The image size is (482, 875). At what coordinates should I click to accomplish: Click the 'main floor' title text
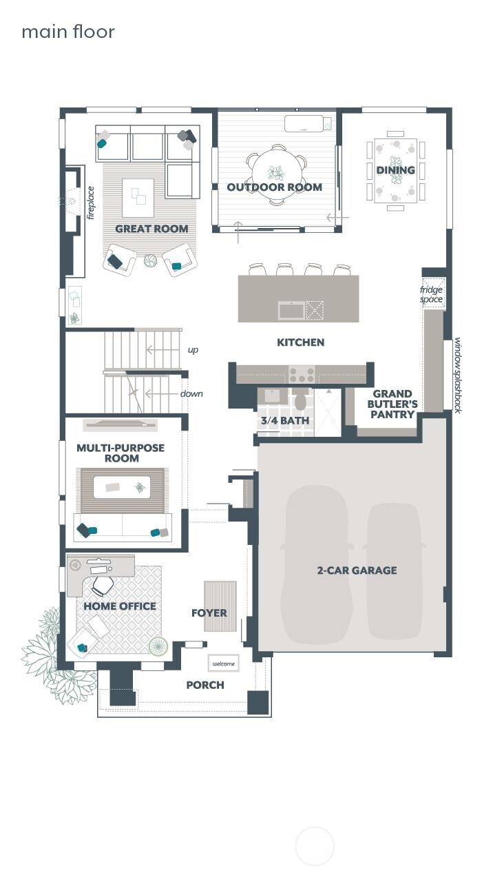pyautogui.click(x=68, y=32)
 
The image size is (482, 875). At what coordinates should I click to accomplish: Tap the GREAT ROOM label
pyautogui.click(x=151, y=229)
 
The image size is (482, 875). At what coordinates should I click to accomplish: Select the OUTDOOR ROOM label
pyautogui.click(x=274, y=187)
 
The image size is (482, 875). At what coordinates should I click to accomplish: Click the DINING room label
pyautogui.click(x=395, y=169)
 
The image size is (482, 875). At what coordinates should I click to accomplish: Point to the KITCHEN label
pyautogui.click(x=300, y=342)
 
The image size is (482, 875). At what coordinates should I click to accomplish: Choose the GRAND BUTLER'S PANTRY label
pyautogui.click(x=392, y=404)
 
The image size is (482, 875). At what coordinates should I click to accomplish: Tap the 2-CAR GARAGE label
pyautogui.click(x=357, y=570)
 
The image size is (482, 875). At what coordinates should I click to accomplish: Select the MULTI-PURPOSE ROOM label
pyautogui.click(x=120, y=453)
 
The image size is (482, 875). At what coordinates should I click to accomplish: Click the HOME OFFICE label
pyautogui.click(x=120, y=606)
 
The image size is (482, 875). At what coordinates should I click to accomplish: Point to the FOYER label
pyautogui.click(x=209, y=612)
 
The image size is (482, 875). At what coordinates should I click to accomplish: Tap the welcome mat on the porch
pyautogui.click(x=223, y=663)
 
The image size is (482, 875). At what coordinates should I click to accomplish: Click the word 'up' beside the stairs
pyautogui.click(x=193, y=350)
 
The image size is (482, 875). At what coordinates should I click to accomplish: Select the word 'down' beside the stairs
pyautogui.click(x=191, y=394)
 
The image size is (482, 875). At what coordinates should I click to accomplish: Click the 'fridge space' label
pyautogui.click(x=432, y=294)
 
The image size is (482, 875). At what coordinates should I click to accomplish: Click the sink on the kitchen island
pyautogui.click(x=291, y=310)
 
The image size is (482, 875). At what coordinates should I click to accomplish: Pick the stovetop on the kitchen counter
pyautogui.click(x=302, y=374)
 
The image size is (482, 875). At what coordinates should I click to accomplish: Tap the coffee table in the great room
pyautogui.click(x=138, y=193)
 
